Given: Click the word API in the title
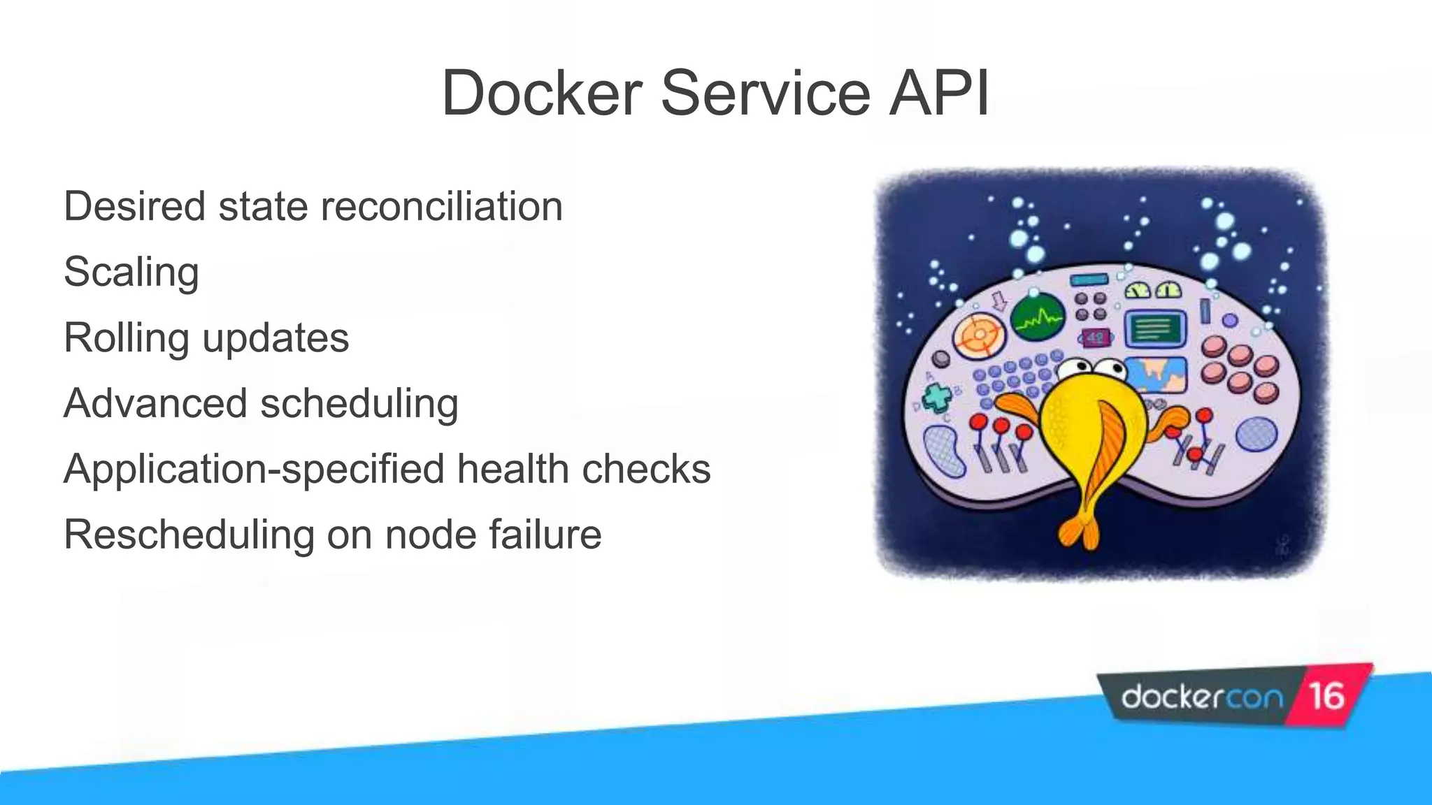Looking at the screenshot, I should tap(938, 93).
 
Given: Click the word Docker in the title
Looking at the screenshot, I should tap(541, 93).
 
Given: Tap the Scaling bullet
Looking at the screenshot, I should tap(131, 272).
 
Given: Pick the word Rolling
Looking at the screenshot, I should tap(126, 338).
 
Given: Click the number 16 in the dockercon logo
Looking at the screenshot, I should tap(1326, 696).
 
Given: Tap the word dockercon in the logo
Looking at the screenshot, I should tap(1201, 697).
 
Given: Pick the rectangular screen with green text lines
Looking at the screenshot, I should tap(1154, 328).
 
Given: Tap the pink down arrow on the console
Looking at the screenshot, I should tap(999, 301).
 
